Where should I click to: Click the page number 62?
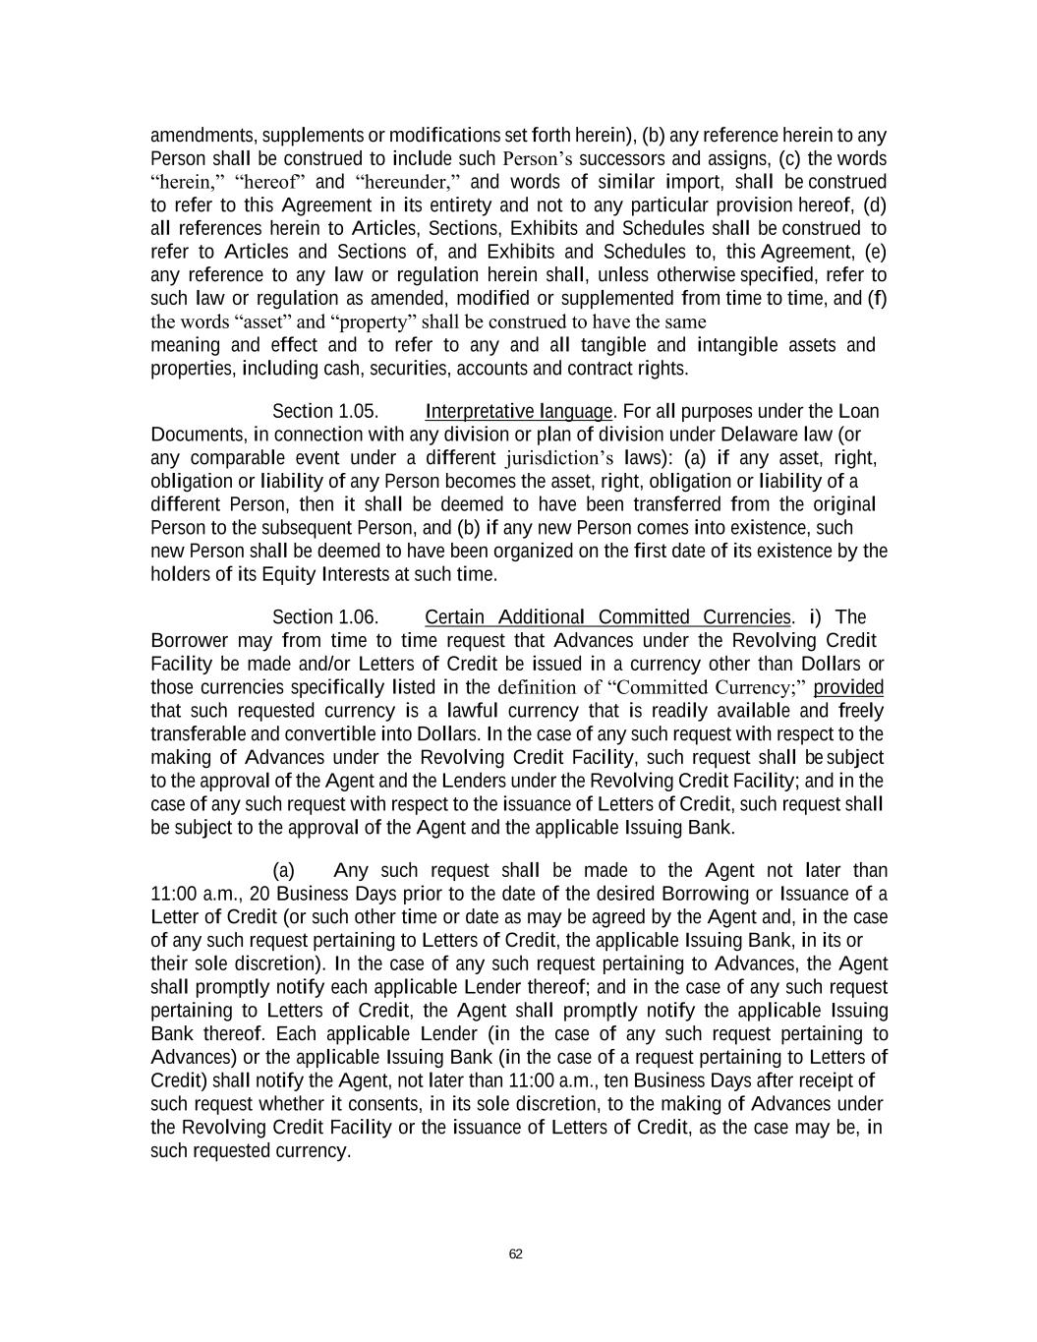coord(516,1254)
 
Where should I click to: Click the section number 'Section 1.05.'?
coord(325,411)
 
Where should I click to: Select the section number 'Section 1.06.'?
coord(325,617)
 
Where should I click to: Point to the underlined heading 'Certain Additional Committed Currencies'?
coord(607,617)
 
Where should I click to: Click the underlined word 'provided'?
coord(849,687)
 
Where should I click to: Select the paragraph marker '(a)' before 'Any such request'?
coord(284,871)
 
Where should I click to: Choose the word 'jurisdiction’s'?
coord(559,458)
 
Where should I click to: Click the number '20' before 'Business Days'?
coord(259,895)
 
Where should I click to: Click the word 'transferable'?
coord(199,734)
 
